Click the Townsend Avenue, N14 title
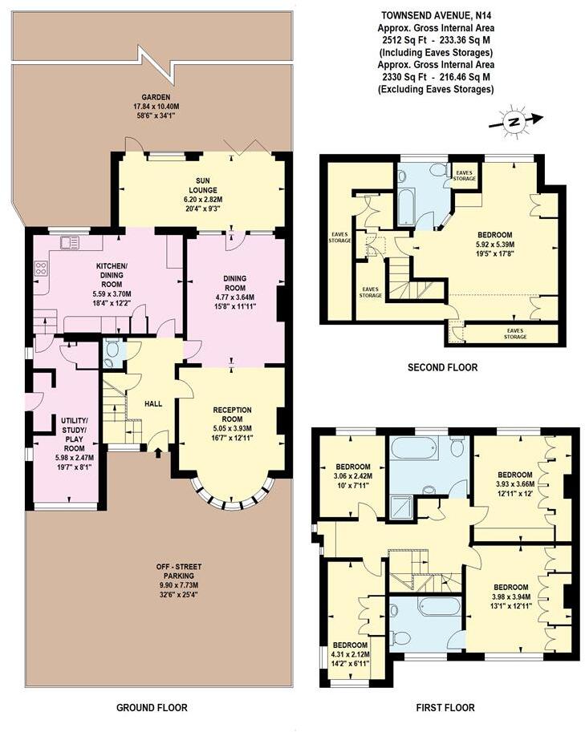point(436,14)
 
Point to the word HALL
point(154,403)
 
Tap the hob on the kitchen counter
point(39,269)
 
